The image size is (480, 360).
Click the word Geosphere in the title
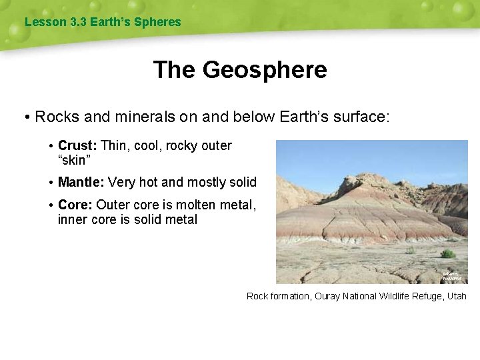(x=265, y=70)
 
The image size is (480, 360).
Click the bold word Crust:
(x=77, y=145)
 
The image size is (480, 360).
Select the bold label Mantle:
(x=81, y=182)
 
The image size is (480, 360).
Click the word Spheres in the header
(x=157, y=22)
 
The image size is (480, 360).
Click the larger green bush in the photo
(x=448, y=253)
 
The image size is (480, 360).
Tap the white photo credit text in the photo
(x=451, y=275)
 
